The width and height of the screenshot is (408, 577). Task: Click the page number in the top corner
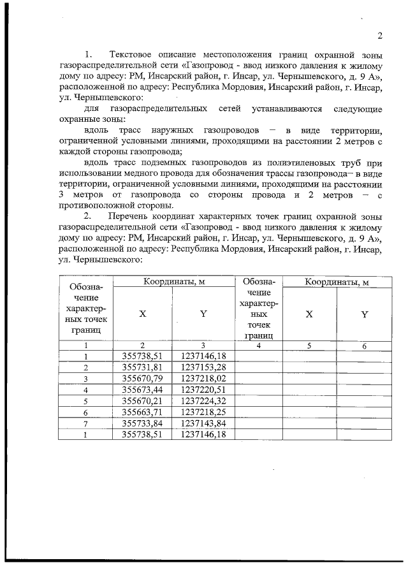click(x=379, y=35)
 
